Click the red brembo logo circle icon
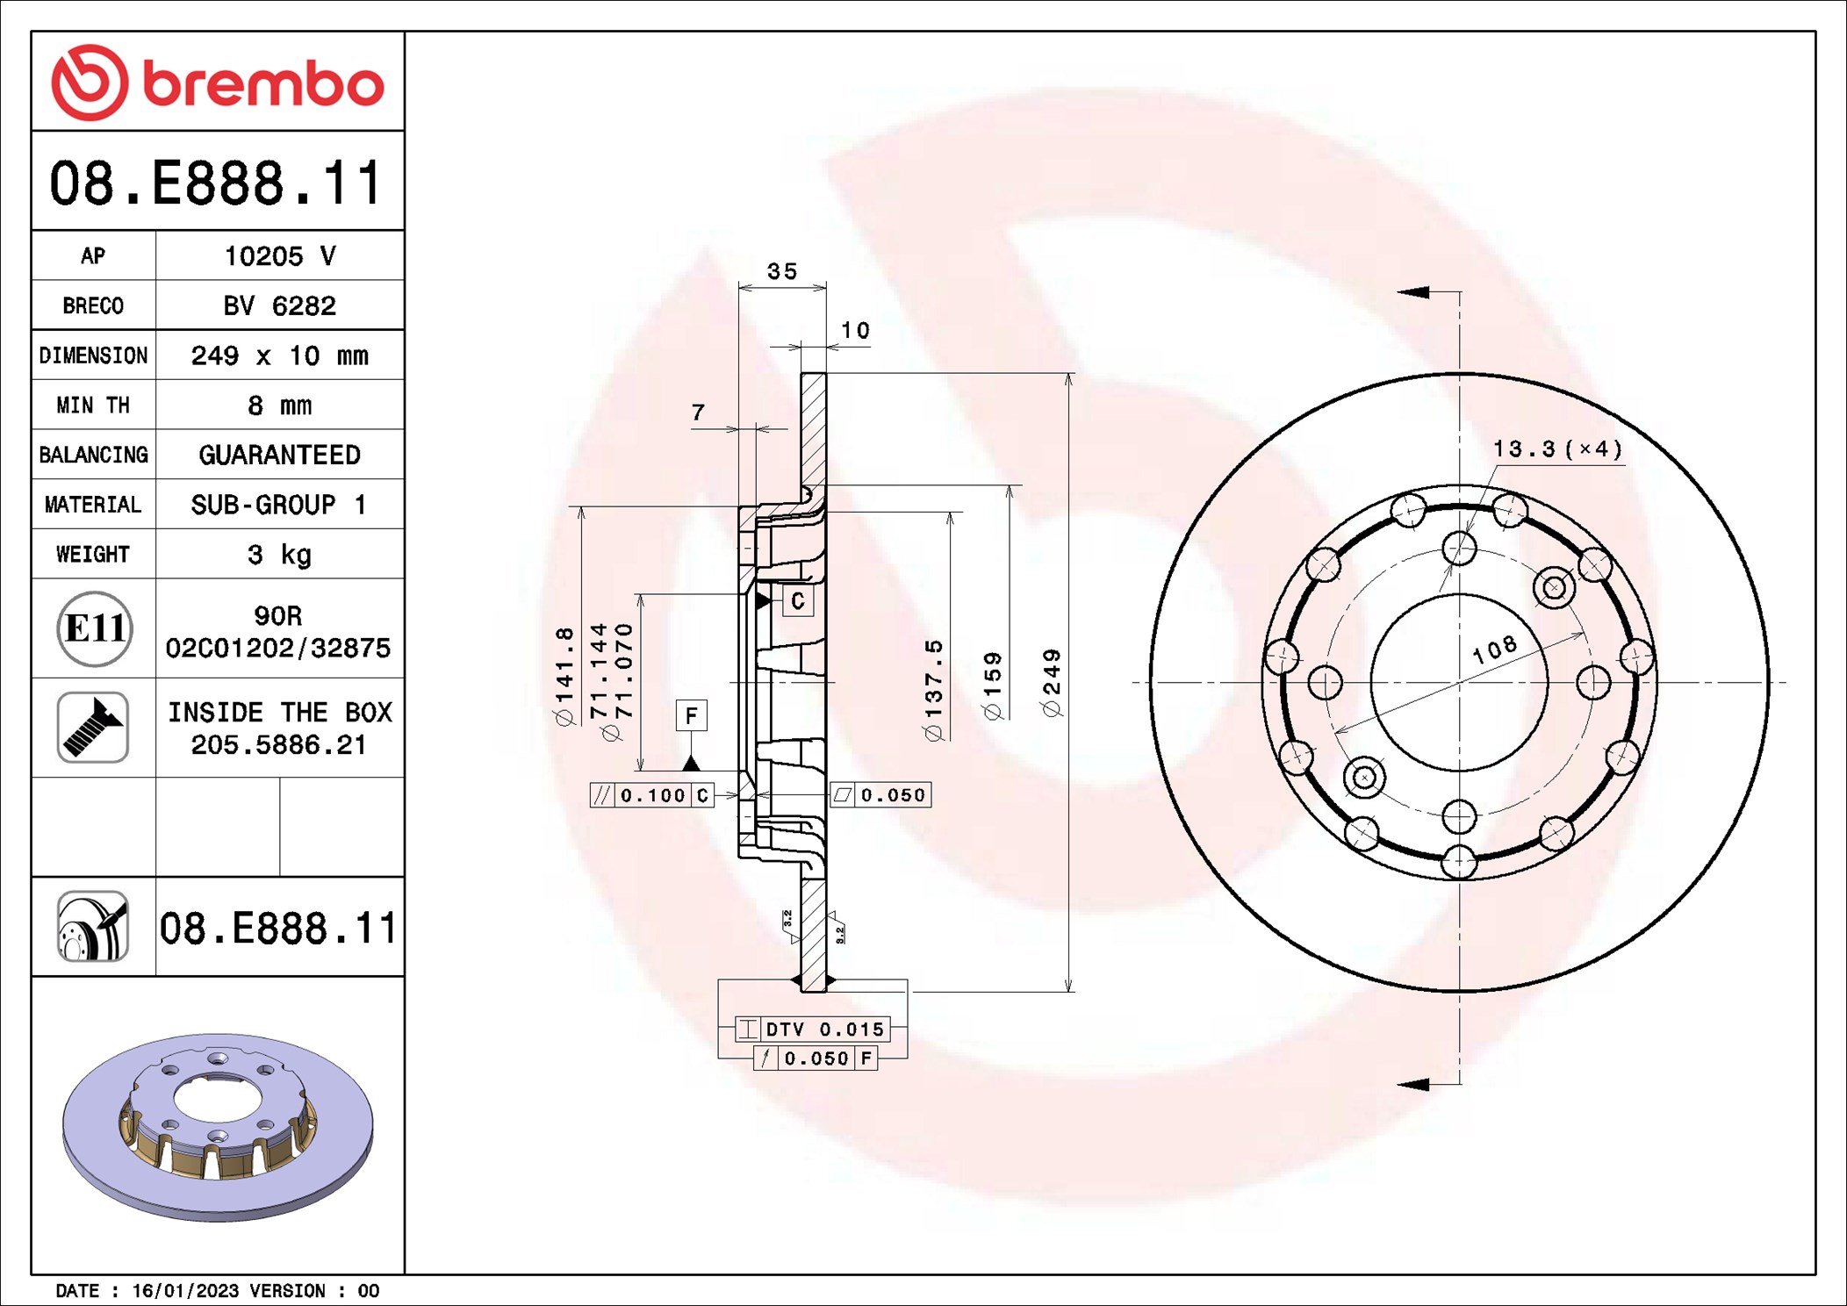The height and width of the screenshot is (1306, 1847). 90,83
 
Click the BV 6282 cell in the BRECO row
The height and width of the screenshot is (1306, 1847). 279,305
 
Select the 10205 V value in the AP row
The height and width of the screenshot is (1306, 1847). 279,256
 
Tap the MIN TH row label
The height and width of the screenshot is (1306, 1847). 93,405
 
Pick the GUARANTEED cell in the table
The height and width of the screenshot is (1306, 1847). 279,455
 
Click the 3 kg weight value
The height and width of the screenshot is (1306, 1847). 279,555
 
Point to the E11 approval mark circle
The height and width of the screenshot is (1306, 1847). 95,628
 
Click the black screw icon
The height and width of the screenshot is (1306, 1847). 93,728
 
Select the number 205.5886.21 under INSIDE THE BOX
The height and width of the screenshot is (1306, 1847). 278,745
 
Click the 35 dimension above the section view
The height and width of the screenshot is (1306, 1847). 782,271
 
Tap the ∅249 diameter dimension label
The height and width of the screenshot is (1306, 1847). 1052,683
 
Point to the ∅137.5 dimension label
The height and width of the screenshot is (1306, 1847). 934,690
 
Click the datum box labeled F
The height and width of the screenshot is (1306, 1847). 691,715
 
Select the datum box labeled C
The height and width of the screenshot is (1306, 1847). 797,601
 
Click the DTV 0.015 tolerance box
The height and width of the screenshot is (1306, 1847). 813,1029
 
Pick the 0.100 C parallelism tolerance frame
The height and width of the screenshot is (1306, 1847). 651,795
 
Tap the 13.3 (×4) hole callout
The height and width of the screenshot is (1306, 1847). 1557,449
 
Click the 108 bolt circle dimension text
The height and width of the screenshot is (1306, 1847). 1494,649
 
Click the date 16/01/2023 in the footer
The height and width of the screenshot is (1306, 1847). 185,1291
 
